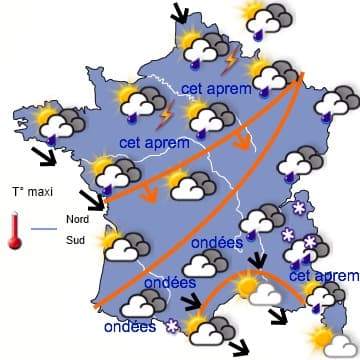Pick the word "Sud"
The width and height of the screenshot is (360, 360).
[x=74, y=240]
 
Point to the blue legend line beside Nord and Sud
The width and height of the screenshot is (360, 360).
[x=45, y=229]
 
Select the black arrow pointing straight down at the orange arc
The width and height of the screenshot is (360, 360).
[x=260, y=261]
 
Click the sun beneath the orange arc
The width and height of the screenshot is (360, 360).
[x=247, y=287]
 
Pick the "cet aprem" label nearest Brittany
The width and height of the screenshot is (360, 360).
[x=147, y=143]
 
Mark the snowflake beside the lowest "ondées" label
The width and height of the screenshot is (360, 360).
[x=171, y=326]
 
